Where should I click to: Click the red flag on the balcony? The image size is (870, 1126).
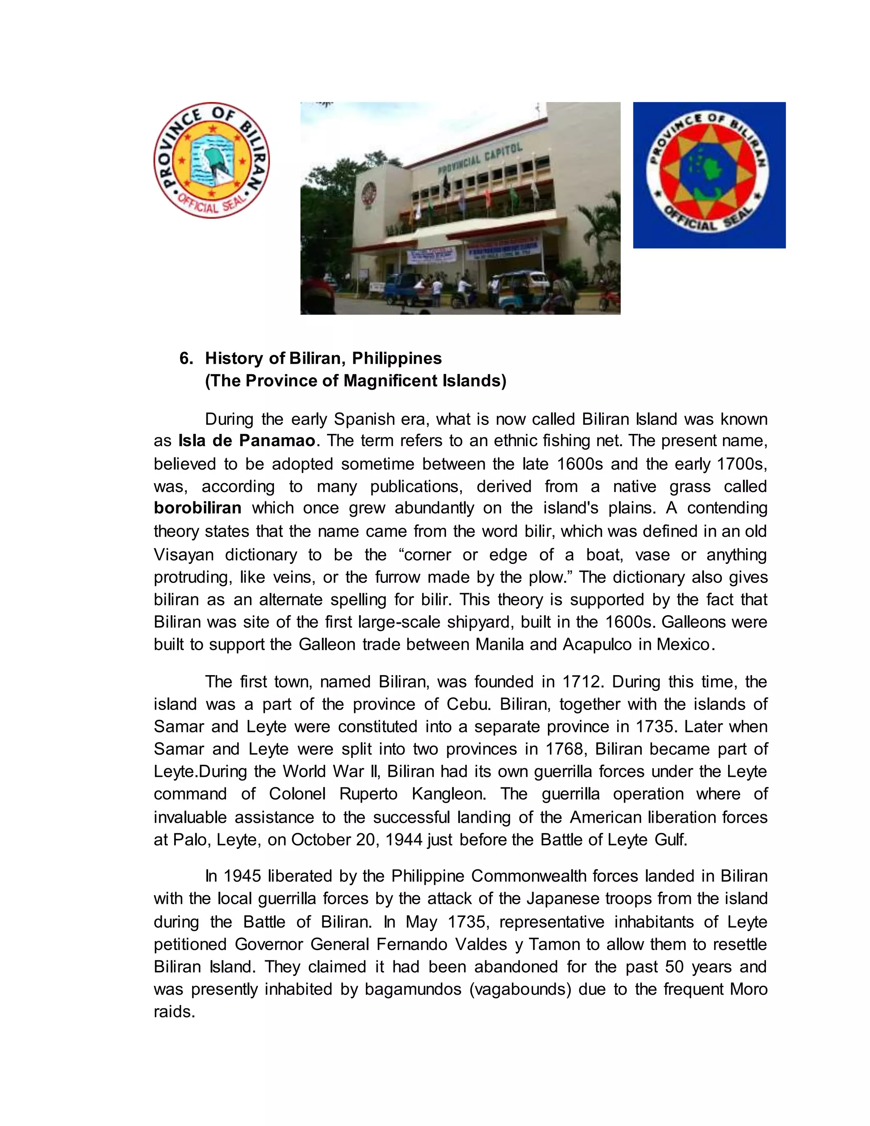coord(486,196)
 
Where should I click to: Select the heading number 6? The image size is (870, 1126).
coord(186,358)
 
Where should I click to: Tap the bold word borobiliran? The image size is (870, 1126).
coord(198,508)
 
